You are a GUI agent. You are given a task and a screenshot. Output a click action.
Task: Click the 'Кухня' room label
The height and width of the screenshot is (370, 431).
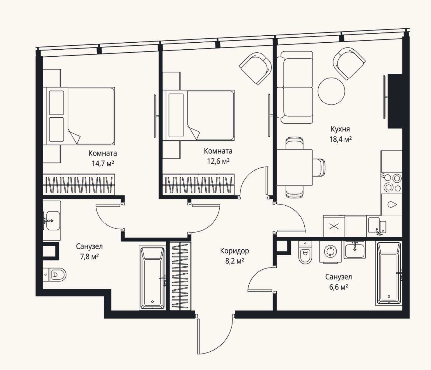click(x=340, y=129)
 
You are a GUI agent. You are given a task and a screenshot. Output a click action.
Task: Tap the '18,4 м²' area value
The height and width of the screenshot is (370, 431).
click(x=340, y=139)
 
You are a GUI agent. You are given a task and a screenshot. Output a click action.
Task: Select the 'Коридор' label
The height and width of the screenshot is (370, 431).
click(x=234, y=251)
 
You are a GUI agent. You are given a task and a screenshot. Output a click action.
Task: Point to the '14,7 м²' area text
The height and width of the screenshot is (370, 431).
click(x=103, y=163)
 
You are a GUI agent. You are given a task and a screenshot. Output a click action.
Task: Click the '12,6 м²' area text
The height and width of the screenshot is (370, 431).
click(x=218, y=161)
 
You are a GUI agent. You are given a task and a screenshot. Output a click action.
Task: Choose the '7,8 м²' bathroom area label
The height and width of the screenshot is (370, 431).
click(x=89, y=256)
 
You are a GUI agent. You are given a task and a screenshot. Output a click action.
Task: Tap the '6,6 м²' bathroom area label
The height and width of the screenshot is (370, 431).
click(x=339, y=287)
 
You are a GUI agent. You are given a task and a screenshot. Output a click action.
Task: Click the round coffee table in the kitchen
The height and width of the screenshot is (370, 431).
click(x=331, y=91)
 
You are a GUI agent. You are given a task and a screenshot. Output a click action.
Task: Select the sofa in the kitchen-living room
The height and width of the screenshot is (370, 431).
click(x=295, y=87)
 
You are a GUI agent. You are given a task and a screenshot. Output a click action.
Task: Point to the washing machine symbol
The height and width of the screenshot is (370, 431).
click(x=330, y=252)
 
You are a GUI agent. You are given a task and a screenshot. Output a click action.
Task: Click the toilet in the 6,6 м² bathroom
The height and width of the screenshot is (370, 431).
click(x=305, y=253)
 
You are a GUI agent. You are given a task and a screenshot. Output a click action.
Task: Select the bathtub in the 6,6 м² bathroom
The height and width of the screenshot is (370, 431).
click(x=389, y=273)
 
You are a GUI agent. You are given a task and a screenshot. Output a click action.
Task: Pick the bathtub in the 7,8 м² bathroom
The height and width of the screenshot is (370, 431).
click(x=152, y=278)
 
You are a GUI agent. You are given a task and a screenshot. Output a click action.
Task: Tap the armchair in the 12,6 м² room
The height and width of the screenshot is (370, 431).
click(x=255, y=68)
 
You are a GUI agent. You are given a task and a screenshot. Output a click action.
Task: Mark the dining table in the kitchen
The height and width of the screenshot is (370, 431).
click(x=295, y=168)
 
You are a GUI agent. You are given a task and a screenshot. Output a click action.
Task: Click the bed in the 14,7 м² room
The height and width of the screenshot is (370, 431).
click(x=80, y=116)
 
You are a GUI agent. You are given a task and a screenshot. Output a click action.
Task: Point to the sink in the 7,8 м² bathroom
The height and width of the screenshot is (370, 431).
click(x=53, y=221)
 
